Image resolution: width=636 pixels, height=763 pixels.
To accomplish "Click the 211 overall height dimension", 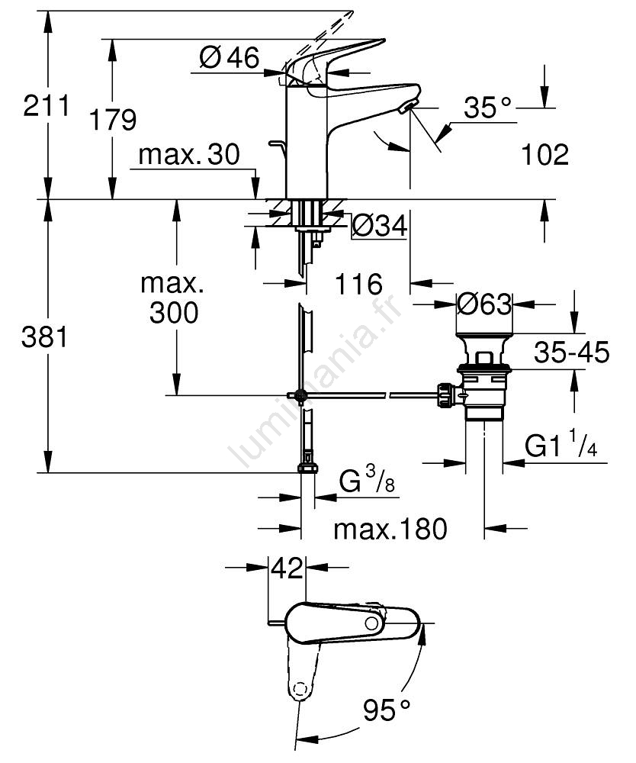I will click(46, 105).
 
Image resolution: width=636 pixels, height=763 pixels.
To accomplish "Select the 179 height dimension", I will click(112, 119).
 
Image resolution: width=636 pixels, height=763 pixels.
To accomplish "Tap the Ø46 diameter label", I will click(230, 57).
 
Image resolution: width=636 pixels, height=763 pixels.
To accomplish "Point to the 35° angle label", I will click(488, 108).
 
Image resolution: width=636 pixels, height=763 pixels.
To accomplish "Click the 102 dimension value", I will click(545, 155).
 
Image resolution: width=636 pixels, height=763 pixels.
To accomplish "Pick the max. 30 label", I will click(189, 155).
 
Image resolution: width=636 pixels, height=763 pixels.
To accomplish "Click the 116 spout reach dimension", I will click(358, 285).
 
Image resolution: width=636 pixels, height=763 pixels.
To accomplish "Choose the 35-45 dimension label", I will click(571, 353).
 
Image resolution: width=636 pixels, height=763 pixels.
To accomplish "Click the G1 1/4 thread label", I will click(561, 446).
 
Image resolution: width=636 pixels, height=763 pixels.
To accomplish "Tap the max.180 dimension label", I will click(390, 528).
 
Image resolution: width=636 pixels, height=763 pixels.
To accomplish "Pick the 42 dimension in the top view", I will click(287, 568).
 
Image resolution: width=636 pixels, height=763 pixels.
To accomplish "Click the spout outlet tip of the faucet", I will click(410, 108).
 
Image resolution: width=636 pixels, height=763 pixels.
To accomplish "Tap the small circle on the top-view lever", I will click(371, 624).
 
